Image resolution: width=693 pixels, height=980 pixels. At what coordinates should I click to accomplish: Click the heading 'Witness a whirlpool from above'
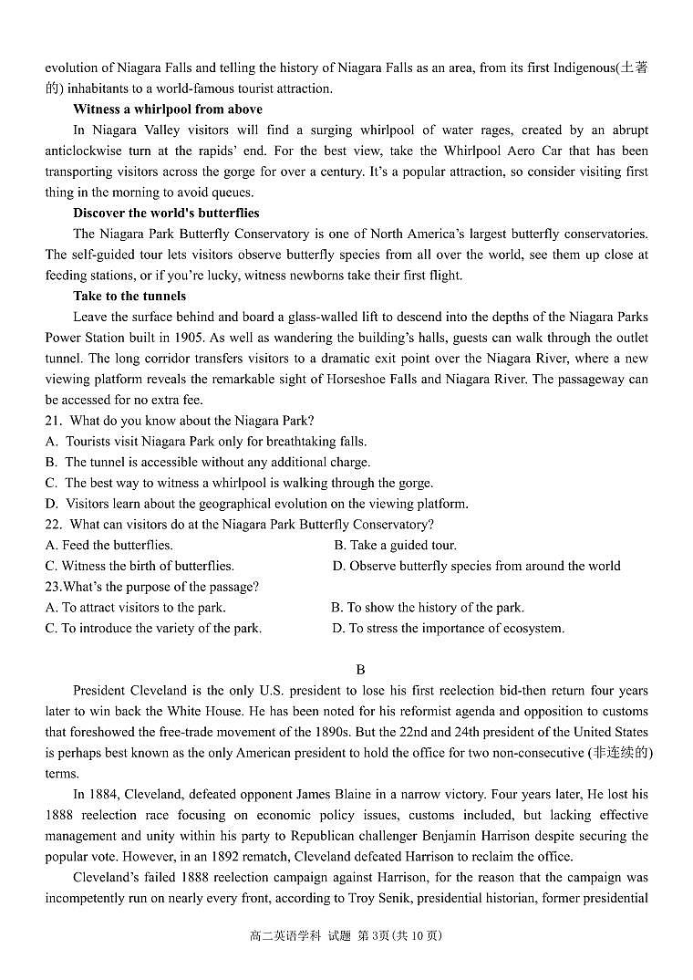[x=168, y=109]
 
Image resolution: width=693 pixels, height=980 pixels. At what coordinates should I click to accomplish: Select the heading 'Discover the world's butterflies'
[x=166, y=214]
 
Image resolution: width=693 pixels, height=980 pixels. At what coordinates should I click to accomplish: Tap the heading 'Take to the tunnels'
[x=129, y=297]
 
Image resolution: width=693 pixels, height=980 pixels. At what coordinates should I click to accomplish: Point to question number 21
[x=52, y=422]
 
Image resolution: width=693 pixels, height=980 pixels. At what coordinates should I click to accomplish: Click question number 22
[x=52, y=525]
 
